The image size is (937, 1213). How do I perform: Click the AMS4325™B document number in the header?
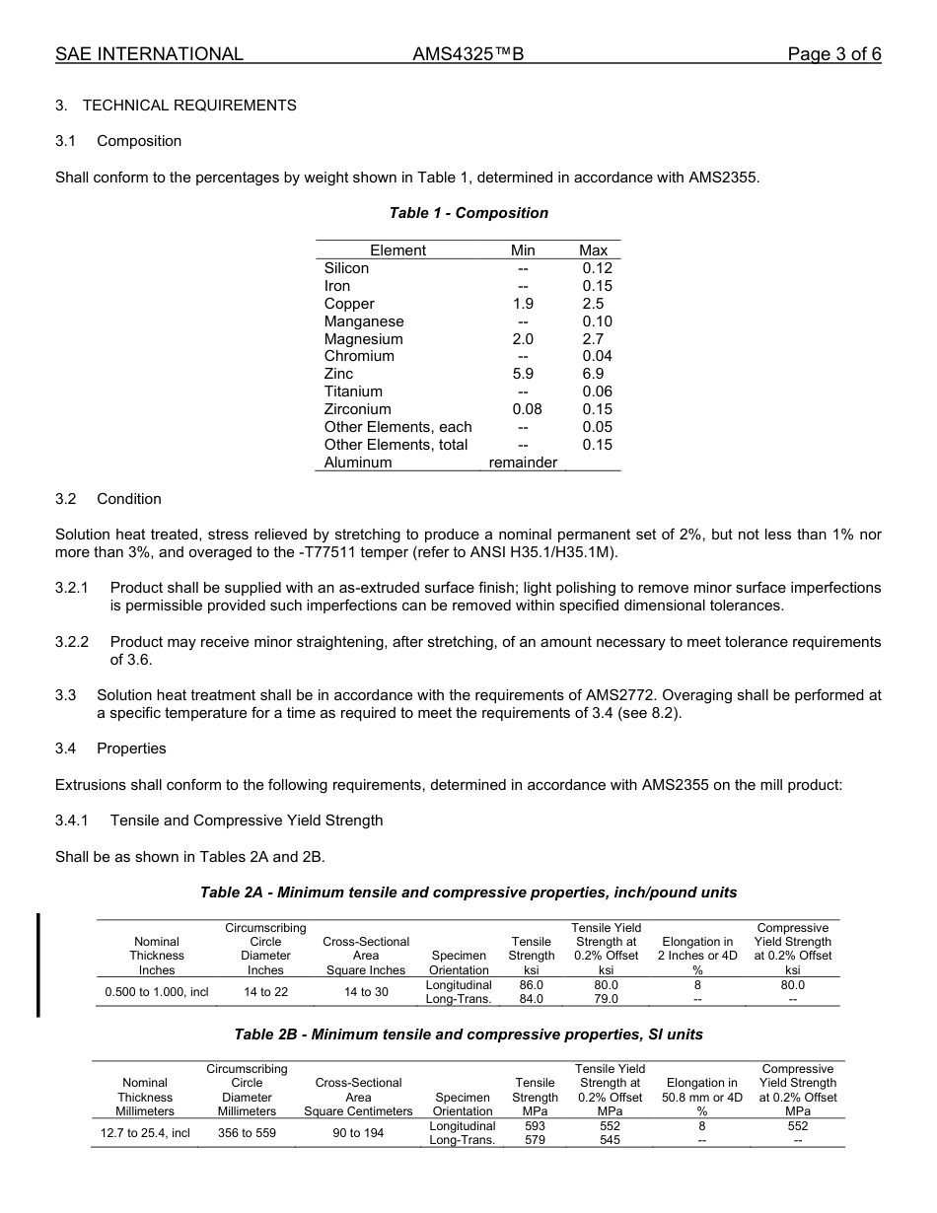tap(468, 54)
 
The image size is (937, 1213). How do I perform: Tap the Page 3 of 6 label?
tap(833, 54)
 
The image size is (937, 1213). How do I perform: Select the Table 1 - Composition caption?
tap(468, 213)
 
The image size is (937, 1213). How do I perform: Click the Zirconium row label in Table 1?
tap(357, 409)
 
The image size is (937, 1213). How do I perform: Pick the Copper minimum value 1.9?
tap(523, 304)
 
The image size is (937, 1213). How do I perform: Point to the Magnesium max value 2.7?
tap(593, 339)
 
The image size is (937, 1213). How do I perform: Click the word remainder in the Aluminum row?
tap(523, 463)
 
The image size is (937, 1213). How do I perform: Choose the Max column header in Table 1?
tap(593, 250)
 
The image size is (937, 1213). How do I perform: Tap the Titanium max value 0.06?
tap(597, 392)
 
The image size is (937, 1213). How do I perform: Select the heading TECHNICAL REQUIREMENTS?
tap(189, 106)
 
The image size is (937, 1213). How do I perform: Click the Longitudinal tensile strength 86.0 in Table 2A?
tap(532, 985)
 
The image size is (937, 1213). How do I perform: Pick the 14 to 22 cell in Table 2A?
tap(266, 992)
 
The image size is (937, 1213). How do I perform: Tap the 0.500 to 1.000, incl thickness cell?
tap(157, 992)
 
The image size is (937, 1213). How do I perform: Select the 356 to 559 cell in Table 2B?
tap(247, 1133)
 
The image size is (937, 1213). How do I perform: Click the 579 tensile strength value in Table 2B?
tap(536, 1140)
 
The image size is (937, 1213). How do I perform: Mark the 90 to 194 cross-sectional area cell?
tap(358, 1133)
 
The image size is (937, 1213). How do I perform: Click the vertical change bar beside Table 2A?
tap(38, 963)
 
